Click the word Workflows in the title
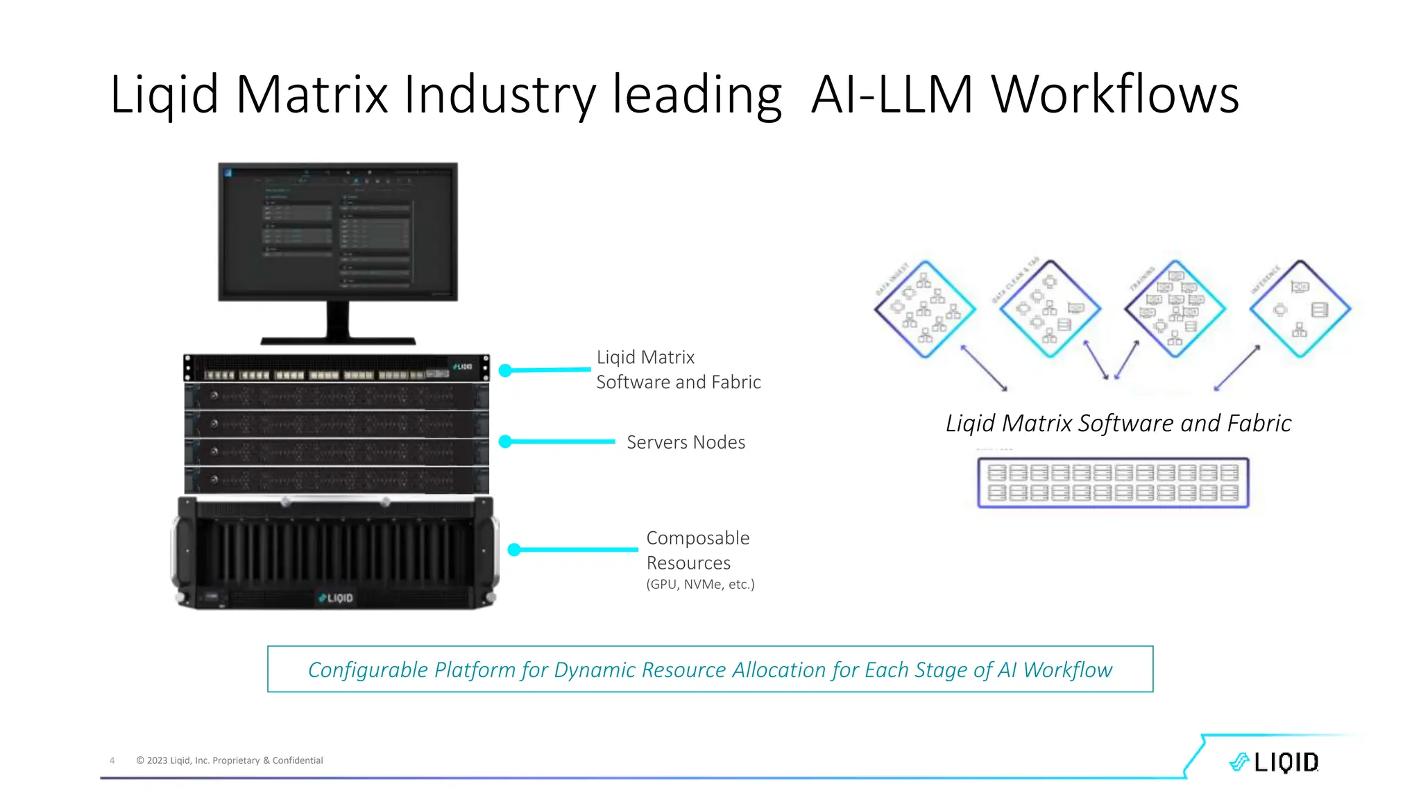[1114, 94]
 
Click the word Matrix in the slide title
[312, 94]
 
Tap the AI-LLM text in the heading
[892, 94]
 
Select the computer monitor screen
[338, 231]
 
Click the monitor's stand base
[338, 340]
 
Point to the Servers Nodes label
[686, 442]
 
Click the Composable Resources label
[697, 550]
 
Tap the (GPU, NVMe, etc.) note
[700, 584]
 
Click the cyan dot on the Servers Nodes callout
[505, 441]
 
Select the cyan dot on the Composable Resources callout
[514, 549]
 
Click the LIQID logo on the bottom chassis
[336, 597]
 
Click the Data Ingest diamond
[924, 309]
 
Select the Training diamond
[1175, 309]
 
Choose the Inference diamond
[1300, 309]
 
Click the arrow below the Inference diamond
[1237, 368]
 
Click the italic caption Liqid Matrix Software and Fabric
[1118, 423]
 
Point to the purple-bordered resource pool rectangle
[1113, 483]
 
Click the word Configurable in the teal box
[368, 669]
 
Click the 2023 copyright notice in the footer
[230, 760]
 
